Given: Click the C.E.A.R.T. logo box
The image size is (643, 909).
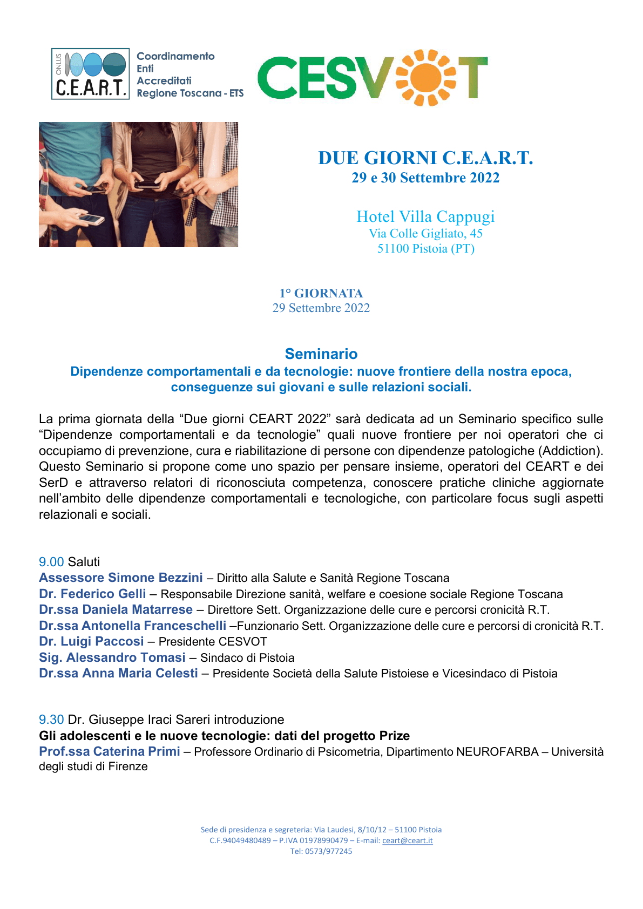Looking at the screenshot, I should (x=90, y=74).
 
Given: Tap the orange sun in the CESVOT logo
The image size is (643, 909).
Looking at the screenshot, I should (x=426, y=78).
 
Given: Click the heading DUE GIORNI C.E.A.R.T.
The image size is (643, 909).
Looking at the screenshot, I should (x=425, y=158).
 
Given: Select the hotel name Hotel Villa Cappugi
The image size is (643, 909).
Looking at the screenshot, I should (x=425, y=216).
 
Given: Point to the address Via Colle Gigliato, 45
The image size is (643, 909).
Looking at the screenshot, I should (x=425, y=233).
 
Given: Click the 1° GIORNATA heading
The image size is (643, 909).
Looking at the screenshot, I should (x=321, y=293).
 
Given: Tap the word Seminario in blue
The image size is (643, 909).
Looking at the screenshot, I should (x=321, y=354).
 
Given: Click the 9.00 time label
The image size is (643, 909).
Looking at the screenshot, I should (x=51, y=562).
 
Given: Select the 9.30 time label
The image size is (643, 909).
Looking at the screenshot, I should (x=51, y=720).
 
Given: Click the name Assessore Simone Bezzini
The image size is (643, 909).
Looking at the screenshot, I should (x=120, y=578).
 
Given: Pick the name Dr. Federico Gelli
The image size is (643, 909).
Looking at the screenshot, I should (x=92, y=594).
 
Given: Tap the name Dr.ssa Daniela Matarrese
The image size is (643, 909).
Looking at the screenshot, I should (x=116, y=609).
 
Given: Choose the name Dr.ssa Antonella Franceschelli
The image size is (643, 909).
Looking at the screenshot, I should (x=132, y=626).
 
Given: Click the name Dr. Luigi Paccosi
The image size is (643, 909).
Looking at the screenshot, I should (x=91, y=641).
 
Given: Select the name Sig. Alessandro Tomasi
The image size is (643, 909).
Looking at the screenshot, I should (x=112, y=657).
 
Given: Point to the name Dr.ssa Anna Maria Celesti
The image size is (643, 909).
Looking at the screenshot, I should (x=118, y=673).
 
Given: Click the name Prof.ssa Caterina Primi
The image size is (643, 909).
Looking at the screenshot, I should (x=109, y=751).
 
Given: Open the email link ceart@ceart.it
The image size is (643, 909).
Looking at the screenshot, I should (x=407, y=840).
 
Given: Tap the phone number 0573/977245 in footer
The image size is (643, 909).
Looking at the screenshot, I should (x=329, y=851).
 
